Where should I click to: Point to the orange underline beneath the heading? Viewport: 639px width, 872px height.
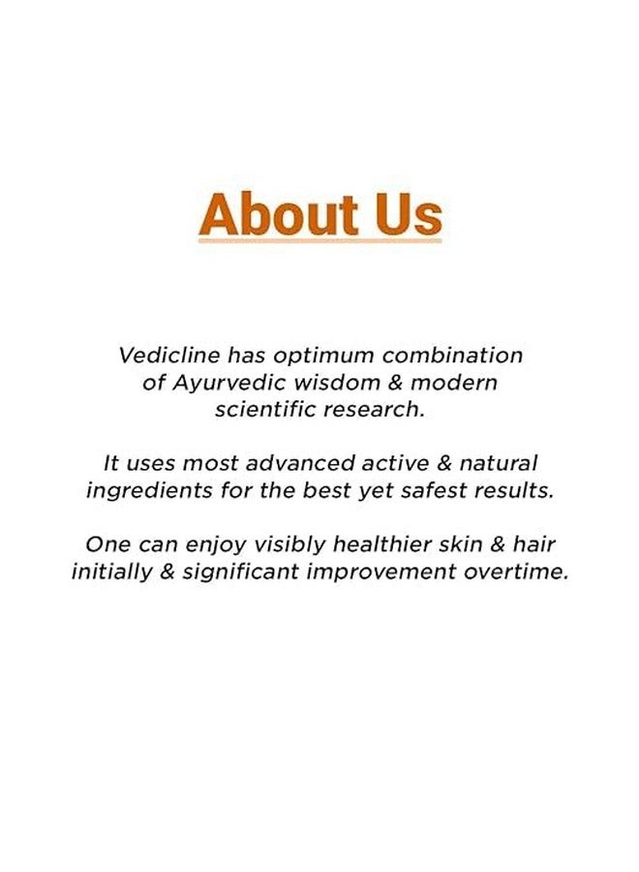click(x=320, y=239)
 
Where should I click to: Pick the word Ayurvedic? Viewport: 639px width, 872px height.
click(x=218, y=383)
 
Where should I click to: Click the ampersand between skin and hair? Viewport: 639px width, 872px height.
click(x=501, y=545)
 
